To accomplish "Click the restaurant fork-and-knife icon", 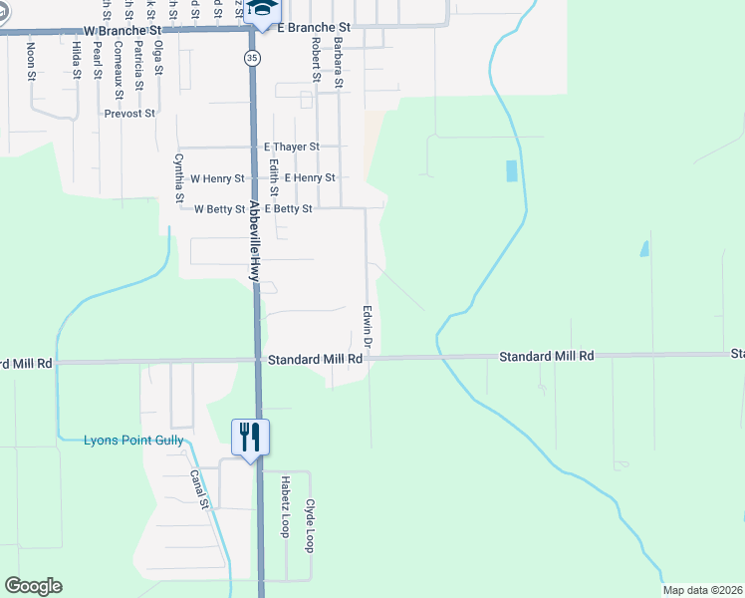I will click(250, 437).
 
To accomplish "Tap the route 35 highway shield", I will click(252, 59).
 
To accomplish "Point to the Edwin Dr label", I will click(368, 327).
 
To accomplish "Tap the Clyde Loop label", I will click(310, 526).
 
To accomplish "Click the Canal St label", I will click(202, 488).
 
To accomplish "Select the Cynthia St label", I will click(179, 177).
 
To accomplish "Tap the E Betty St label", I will click(288, 209).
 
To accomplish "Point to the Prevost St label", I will click(129, 114).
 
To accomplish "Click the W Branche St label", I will click(121, 31).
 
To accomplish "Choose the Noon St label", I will click(31, 61).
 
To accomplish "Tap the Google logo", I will click(33, 586).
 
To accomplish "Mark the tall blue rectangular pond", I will click(512, 170).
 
